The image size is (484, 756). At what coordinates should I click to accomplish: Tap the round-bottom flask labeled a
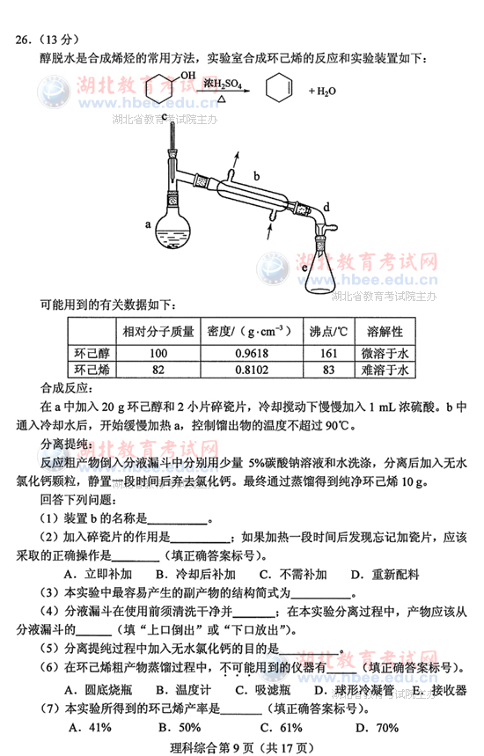(x=173, y=227)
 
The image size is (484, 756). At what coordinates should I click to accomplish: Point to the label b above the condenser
(x=256, y=175)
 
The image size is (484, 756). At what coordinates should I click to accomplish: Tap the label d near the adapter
(x=326, y=207)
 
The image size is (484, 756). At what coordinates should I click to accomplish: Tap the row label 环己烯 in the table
(x=91, y=371)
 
